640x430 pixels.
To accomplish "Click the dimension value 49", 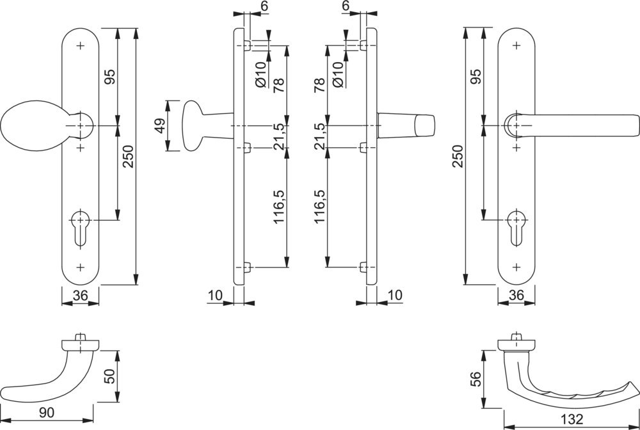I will tap(159, 125).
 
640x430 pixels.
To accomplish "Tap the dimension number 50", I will tap(109, 377).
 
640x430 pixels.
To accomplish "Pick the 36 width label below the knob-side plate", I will tap(80, 295).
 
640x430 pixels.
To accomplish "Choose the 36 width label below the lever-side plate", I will tap(516, 295).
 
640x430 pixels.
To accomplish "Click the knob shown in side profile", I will tap(193, 125).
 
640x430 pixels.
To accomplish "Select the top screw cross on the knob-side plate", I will tap(80, 46).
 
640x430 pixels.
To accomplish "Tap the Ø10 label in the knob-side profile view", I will tap(260, 74).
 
